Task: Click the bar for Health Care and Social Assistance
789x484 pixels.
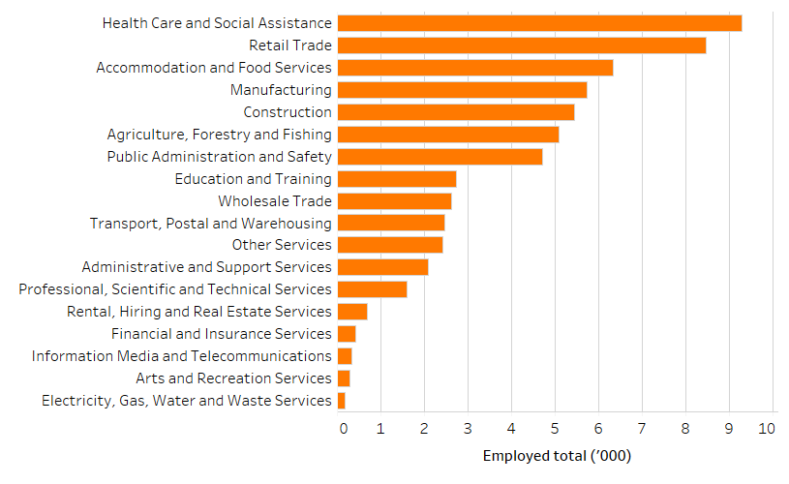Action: pyautogui.click(x=539, y=23)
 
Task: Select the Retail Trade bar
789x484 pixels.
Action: pyautogui.click(x=522, y=45)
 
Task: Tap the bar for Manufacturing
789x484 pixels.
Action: pyautogui.click(x=462, y=90)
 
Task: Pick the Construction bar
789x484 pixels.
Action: pyautogui.click(x=456, y=112)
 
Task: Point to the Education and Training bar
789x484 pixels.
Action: pyautogui.click(x=397, y=179)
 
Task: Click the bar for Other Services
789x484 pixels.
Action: pyautogui.click(x=390, y=245)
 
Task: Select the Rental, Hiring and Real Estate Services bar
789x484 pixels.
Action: pyautogui.click(x=352, y=312)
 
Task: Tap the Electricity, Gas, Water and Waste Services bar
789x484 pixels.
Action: pyautogui.click(x=341, y=401)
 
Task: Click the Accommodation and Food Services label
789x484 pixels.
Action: pyautogui.click(x=214, y=68)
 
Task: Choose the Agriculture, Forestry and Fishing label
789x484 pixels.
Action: pyautogui.click(x=219, y=135)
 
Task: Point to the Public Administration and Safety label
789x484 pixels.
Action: pyautogui.click(x=219, y=157)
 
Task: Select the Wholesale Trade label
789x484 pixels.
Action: pyautogui.click(x=275, y=201)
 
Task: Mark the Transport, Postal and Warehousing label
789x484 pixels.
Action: pyautogui.click(x=210, y=224)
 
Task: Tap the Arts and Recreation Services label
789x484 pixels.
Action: pyautogui.click(x=233, y=378)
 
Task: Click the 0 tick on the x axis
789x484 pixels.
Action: pyautogui.click(x=343, y=428)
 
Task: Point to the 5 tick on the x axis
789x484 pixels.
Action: pyautogui.click(x=555, y=428)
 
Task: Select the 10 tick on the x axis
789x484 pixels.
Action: pyautogui.click(x=767, y=428)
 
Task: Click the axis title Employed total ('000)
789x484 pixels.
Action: pyautogui.click(x=557, y=456)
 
